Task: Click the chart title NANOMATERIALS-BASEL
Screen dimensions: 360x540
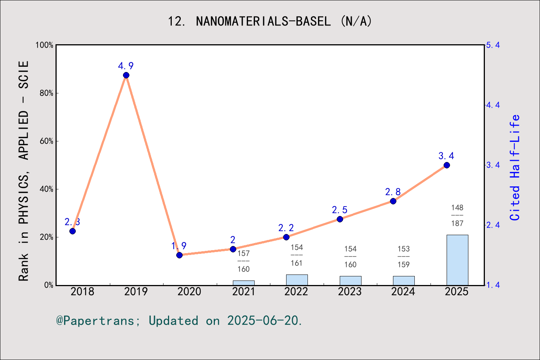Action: click(x=270, y=21)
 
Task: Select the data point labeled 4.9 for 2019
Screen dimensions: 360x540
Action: click(x=126, y=75)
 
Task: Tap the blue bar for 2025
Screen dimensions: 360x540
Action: click(x=457, y=260)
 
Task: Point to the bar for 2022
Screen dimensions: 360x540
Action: click(x=297, y=280)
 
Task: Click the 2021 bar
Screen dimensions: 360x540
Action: click(x=243, y=283)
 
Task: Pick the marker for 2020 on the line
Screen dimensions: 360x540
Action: click(x=179, y=255)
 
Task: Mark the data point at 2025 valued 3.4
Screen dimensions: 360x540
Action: click(x=447, y=165)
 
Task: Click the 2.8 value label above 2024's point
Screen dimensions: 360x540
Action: click(x=393, y=192)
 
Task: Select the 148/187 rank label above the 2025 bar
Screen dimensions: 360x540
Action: click(x=457, y=215)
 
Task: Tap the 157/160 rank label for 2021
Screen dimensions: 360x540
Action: click(x=243, y=261)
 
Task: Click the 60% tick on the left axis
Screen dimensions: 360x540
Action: click(x=46, y=141)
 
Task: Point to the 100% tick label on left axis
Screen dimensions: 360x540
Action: click(x=45, y=45)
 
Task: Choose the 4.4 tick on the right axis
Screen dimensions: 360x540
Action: click(x=493, y=105)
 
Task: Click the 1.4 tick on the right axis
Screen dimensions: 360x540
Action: click(x=493, y=285)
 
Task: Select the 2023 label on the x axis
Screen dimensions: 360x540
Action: click(x=350, y=292)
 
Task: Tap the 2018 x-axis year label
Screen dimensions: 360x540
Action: click(x=82, y=292)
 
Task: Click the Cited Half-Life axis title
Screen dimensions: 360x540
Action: click(x=515, y=167)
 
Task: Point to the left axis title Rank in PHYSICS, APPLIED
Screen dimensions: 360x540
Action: click(x=24, y=171)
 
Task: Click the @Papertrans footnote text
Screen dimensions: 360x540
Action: click(x=179, y=321)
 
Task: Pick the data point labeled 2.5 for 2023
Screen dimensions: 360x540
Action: click(x=340, y=219)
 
